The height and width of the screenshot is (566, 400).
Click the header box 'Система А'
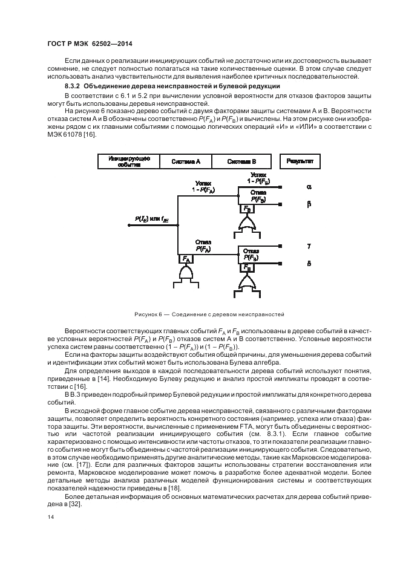coord(186,161)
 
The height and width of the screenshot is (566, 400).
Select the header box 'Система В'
coord(241,161)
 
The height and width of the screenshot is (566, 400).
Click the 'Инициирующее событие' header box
coord(128,161)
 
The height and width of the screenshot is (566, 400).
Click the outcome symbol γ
coord(308,247)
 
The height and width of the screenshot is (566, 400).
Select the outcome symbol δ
coord(308,264)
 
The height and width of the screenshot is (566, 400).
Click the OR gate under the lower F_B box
coord(246,282)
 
